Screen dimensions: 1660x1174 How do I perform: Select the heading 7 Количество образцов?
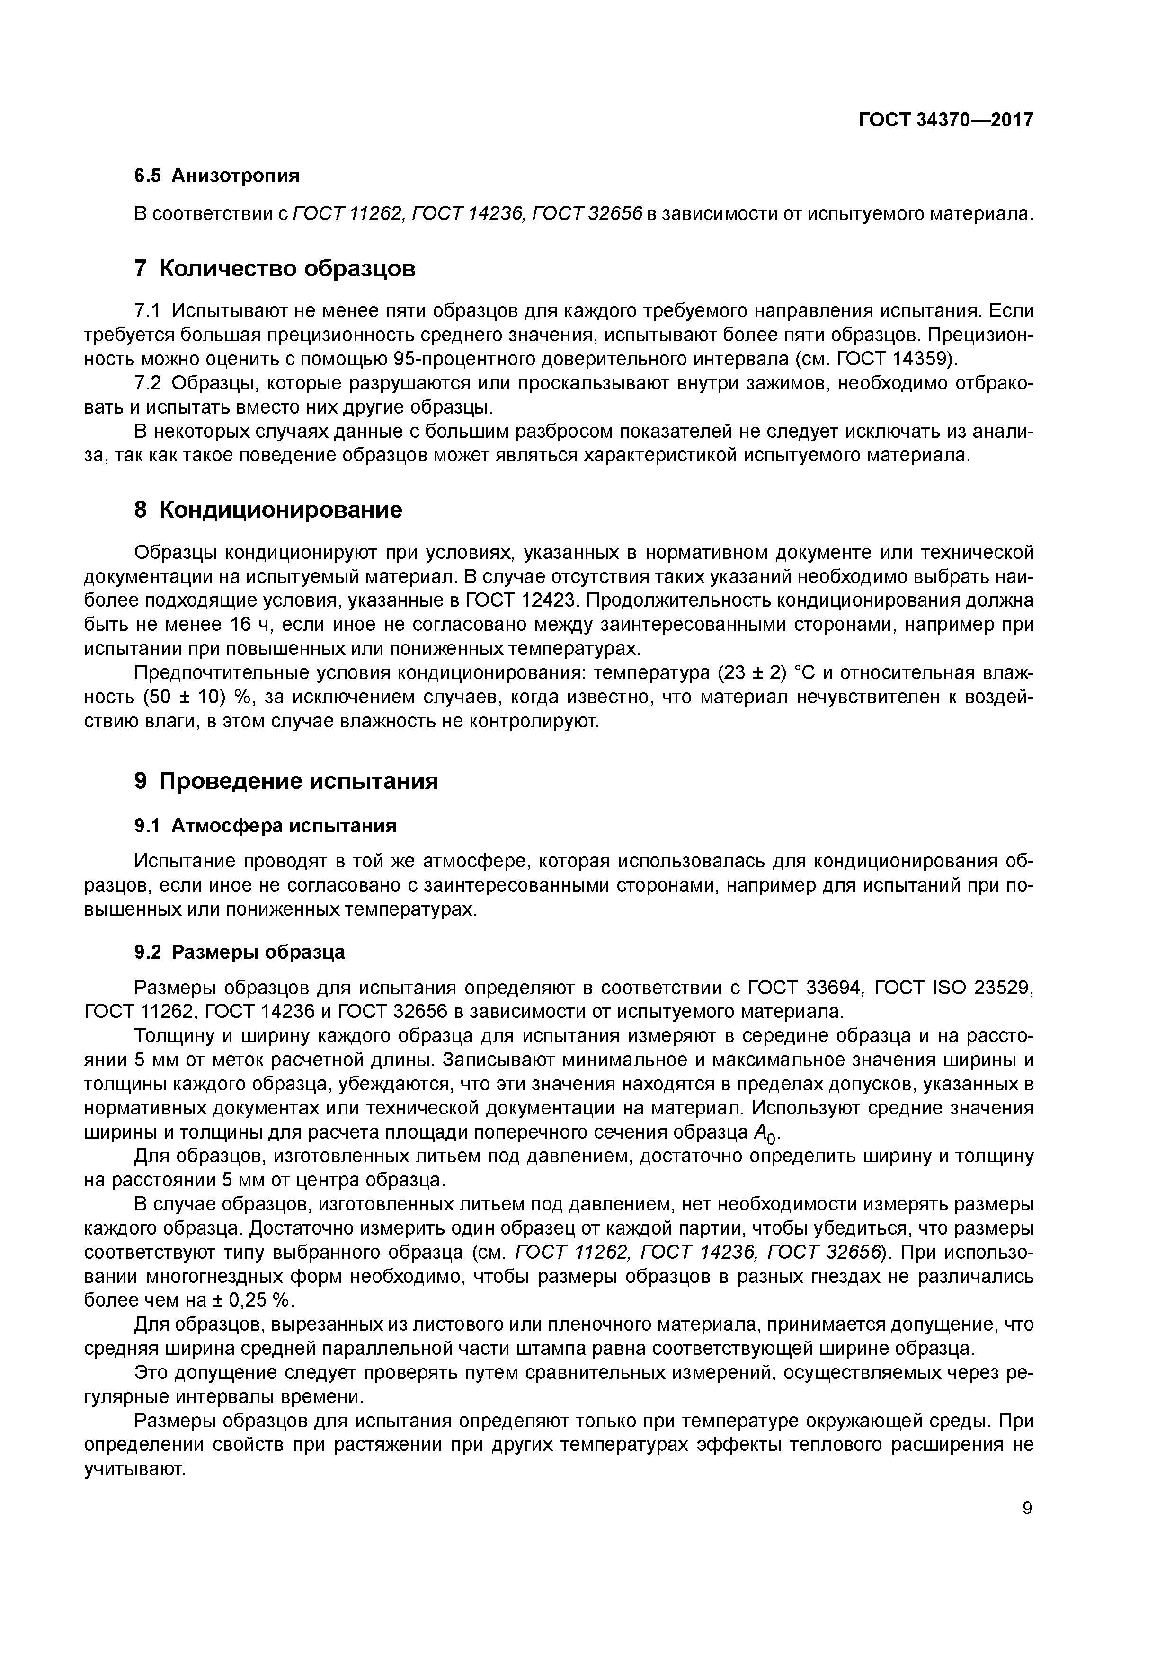click(x=275, y=268)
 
